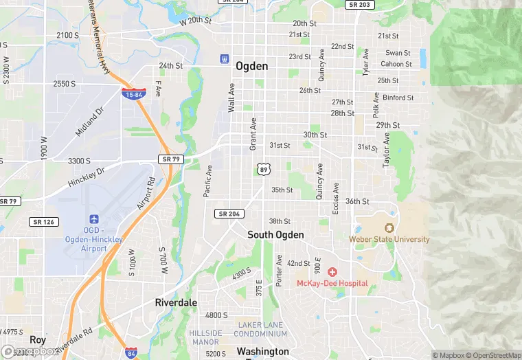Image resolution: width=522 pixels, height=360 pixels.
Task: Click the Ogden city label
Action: pos(251,66)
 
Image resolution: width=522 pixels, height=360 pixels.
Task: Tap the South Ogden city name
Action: pos(275,234)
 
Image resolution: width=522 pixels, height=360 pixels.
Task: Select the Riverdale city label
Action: pos(176,302)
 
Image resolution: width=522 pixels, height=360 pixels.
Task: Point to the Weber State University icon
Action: pos(389,228)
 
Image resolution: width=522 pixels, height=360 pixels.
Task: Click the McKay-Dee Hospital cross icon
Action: pos(332,272)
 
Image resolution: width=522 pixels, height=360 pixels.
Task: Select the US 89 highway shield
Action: pos(263,169)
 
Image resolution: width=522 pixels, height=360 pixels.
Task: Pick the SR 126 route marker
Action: pos(45,222)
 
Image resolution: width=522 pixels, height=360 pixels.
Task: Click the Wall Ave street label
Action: pos(231,98)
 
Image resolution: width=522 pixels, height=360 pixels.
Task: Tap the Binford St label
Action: pos(398,98)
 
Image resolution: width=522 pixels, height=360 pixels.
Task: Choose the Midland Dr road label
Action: pos(89,121)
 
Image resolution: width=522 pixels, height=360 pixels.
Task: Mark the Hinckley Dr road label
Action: pos(87,177)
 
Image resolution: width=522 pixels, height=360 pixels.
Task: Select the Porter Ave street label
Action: pos(279,271)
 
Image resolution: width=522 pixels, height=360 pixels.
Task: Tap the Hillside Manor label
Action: pos(205,337)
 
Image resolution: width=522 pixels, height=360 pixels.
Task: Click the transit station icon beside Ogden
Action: pos(224,59)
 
